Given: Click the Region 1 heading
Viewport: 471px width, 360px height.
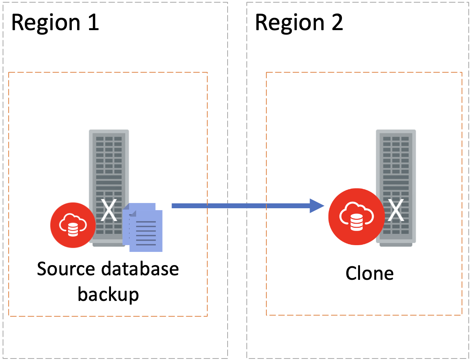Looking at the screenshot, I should click(55, 23).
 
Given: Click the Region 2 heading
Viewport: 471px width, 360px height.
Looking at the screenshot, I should click(299, 23).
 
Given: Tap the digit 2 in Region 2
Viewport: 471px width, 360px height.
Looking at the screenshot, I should click(337, 23).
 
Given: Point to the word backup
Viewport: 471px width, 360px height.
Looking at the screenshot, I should click(108, 294).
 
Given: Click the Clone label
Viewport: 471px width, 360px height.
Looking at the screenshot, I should click(369, 273).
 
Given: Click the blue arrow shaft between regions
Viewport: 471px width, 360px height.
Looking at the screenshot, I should click(241, 206).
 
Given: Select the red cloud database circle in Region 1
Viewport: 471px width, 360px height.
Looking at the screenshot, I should click(73, 225).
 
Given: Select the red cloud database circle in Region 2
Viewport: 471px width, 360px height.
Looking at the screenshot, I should click(356, 217).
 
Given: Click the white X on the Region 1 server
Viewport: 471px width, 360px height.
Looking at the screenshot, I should click(109, 211).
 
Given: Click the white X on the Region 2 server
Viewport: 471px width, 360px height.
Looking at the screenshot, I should click(396, 211).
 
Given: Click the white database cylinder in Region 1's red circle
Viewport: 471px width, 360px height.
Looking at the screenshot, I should click(73, 230).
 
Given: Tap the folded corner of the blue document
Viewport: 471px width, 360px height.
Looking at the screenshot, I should click(132, 213).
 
